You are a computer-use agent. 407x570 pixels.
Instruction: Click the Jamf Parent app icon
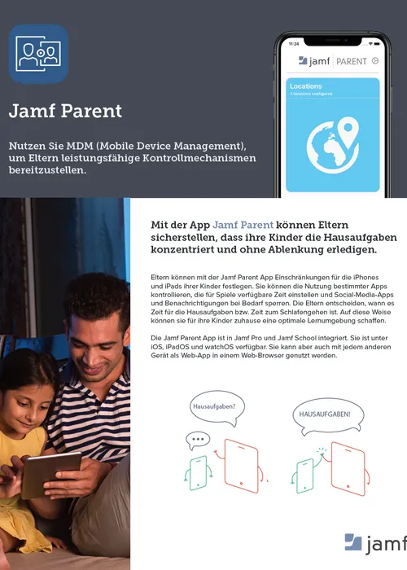[x=38, y=55]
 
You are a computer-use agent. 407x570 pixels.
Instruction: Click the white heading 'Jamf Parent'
[x=65, y=111]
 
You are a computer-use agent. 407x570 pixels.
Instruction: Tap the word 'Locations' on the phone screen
[x=306, y=85]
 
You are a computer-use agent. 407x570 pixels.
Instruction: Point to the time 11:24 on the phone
[x=294, y=42]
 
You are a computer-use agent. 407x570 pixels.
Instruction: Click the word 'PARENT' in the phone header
[x=351, y=61]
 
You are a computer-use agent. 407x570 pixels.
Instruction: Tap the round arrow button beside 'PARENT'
[x=374, y=60]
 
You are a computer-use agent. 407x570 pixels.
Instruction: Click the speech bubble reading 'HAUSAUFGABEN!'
[x=325, y=414]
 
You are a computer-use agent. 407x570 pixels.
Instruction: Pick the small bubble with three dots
[x=198, y=441]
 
